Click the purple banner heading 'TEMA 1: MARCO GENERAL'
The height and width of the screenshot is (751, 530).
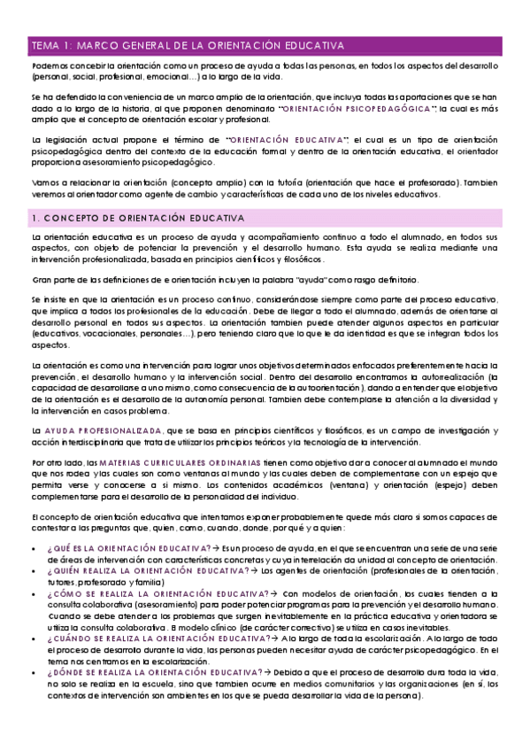click(x=187, y=44)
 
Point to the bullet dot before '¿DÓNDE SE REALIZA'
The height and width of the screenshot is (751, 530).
click(x=34, y=671)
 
